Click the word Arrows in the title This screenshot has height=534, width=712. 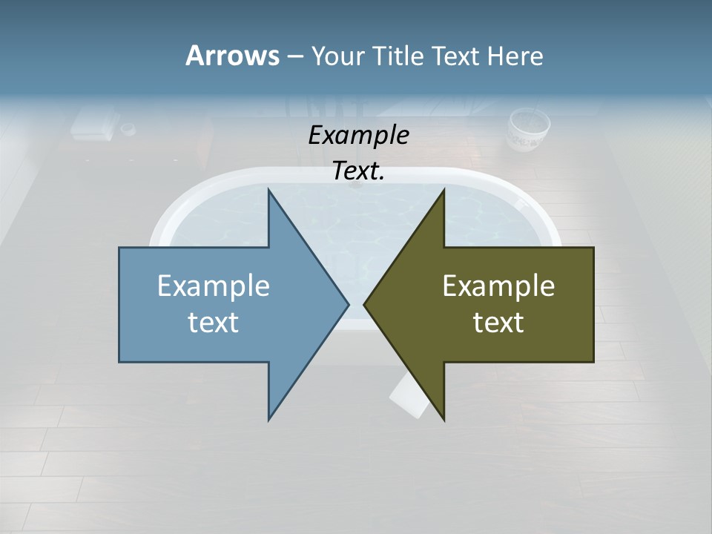[232, 56]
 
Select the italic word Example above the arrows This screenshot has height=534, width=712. [358, 135]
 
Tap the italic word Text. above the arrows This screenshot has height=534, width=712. [358, 171]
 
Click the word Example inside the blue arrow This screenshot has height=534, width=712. [214, 286]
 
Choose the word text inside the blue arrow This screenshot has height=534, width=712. [214, 323]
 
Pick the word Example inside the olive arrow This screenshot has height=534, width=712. [498, 286]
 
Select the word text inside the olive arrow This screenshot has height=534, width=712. [498, 323]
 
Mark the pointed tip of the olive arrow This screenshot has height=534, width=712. [365, 304]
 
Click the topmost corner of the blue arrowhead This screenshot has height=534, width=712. [268, 190]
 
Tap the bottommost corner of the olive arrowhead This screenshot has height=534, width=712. [444, 420]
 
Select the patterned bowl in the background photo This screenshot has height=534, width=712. [528, 130]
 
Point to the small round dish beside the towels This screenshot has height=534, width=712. [128, 130]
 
